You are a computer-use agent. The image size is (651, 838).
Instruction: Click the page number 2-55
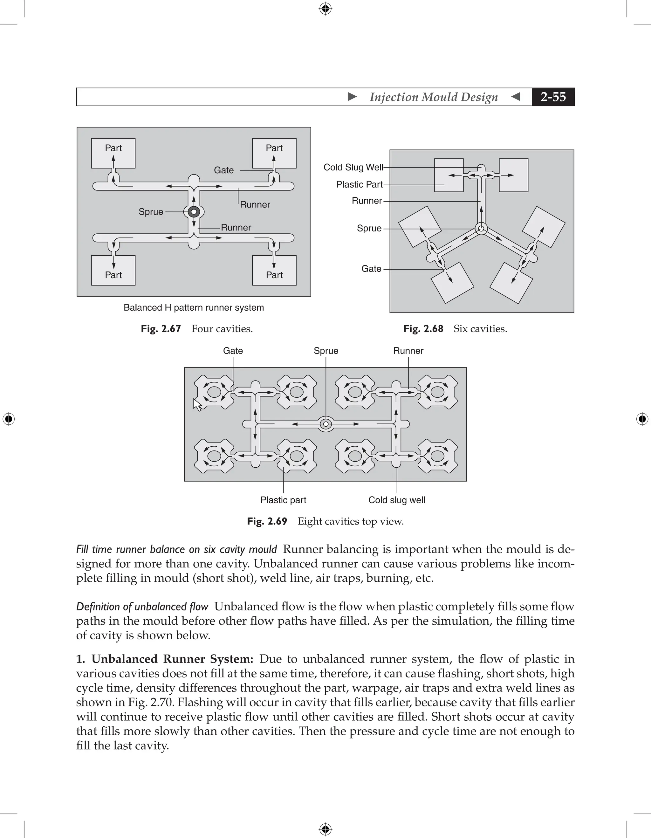pos(553,97)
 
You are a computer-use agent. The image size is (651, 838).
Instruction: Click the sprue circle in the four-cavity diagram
pos(194,211)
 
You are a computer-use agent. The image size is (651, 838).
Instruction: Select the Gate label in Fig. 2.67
pos(224,170)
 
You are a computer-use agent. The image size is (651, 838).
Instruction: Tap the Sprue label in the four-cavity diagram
pos(151,212)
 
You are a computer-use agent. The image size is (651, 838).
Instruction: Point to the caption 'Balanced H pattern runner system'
pos(194,308)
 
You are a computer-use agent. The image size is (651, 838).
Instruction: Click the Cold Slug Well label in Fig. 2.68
pos(353,167)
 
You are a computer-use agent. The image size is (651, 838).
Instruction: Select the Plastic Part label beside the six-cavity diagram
pos(359,185)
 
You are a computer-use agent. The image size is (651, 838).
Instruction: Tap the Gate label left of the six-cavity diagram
pos(371,269)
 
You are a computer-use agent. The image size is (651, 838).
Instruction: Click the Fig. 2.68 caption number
pos(423,329)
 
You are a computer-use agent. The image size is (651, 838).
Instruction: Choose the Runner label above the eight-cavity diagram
pos(408,351)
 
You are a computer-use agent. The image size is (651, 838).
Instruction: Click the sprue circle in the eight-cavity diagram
pos(326,424)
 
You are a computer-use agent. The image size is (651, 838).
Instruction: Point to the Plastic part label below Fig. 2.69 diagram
pos(283,500)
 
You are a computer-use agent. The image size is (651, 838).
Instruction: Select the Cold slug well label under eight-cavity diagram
pos(397,500)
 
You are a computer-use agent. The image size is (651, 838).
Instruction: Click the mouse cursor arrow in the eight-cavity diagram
pos(197,405)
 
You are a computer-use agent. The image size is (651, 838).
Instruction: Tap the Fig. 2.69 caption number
pos(267,521)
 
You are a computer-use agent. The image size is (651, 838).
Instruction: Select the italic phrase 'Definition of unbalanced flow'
pos(142,607)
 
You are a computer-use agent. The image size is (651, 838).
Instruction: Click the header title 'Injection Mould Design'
pos(434,97)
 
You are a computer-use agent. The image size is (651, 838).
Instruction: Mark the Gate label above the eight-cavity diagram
pos(233,351)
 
